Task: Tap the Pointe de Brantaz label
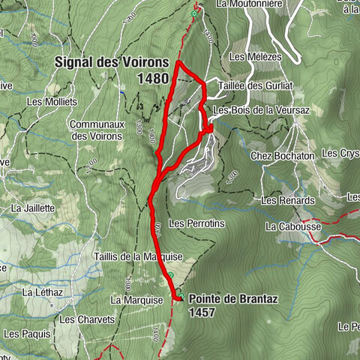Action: pyautogui.click(x=233, y=298)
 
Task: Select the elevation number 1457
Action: pyautogui.click(x=202, y=311)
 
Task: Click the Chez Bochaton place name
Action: pyautogui.click(x=281, y=155)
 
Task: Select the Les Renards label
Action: pyautogui.click(x=281, y=200)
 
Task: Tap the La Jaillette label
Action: pyautogui.click(x=33, y=208)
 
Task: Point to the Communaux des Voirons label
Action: pyautogui.click(x=93, y=130)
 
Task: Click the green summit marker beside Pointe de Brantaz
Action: pyautogui.click(x=180, y=297)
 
